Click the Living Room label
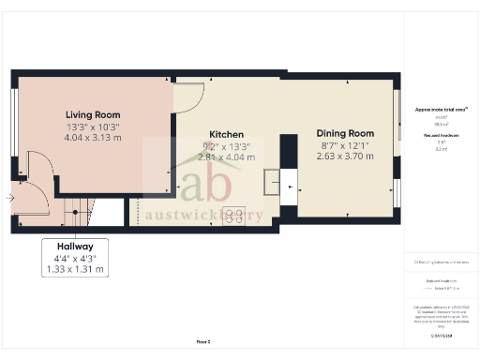[x=91, y=113]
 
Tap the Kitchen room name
[x=226, y=134]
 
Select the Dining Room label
[x=344, y=134]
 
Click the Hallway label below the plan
[x=75, y=246]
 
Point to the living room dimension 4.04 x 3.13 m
[x=92, y=138]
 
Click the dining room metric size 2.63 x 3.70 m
[x=345, y=157]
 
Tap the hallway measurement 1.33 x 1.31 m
[x=75, y=269]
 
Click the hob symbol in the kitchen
[x=232, y=215]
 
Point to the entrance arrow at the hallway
[x=10, y=198]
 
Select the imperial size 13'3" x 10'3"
[x=92, y=127]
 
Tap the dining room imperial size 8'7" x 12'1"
[x=344, y=145]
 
